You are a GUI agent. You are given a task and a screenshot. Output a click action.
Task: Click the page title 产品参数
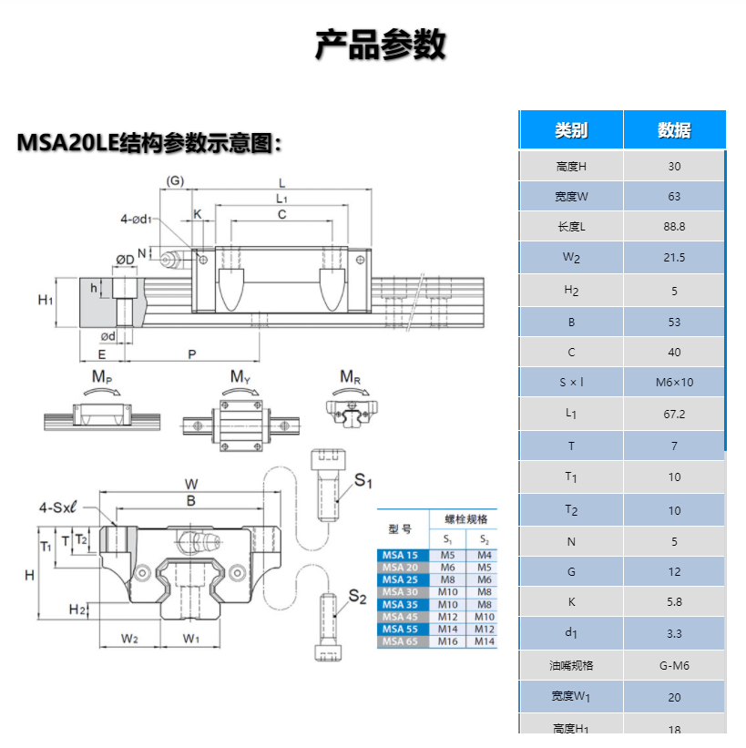(380, 45)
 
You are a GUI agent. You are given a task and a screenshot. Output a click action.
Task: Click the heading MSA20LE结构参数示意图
(150, 143)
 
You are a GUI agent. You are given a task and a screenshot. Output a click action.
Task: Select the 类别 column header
(571, 130)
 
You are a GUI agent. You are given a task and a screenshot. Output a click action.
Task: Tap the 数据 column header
(674, 130)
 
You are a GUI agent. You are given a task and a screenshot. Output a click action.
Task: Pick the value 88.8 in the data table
(674, 227)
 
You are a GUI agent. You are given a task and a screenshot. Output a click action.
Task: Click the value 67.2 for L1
(674, 414)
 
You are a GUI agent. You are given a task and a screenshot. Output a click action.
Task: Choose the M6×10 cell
(674, 382)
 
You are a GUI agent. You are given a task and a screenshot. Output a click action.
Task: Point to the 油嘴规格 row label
(571, 665)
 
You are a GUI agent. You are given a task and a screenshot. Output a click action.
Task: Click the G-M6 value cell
(674, 665)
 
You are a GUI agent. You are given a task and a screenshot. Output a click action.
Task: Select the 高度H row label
(571, 166)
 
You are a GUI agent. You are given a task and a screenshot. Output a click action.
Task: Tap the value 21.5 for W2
(674, 258)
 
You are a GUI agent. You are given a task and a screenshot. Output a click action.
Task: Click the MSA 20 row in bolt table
(400, 567)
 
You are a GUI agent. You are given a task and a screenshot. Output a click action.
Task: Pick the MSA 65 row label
(400, 641)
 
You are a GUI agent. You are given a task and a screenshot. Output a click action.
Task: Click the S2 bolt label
(358, 598)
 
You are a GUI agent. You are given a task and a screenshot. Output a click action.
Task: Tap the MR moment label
(350, 376)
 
